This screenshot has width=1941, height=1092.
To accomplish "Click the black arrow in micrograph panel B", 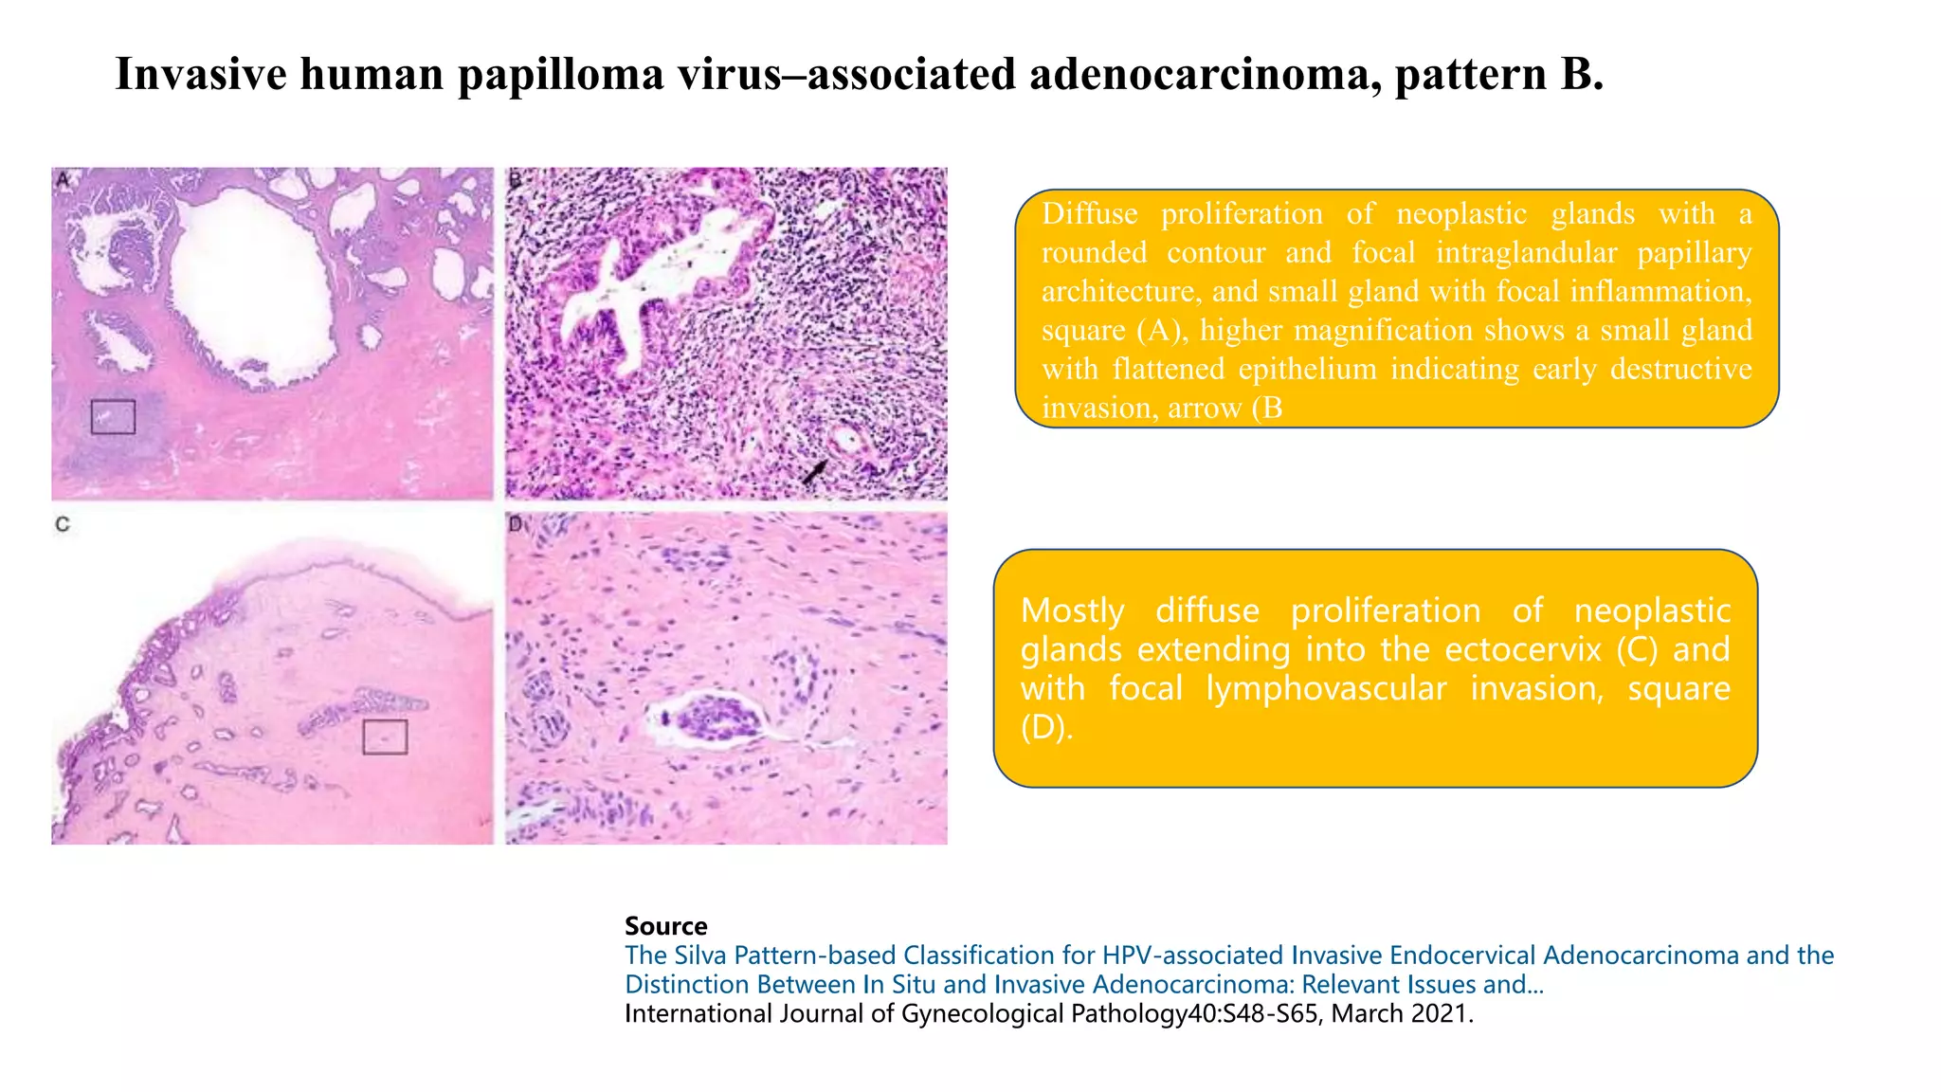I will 815,470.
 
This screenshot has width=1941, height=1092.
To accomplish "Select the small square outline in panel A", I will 113,416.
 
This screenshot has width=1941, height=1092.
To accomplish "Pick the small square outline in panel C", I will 385,737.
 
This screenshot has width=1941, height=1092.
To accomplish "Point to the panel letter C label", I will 63,524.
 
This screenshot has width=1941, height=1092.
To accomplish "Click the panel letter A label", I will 63,180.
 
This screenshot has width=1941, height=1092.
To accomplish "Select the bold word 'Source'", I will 665,926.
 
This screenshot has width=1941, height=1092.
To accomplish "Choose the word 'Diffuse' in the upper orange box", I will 1089,213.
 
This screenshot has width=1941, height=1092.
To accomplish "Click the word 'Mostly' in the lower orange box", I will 1072,610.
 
